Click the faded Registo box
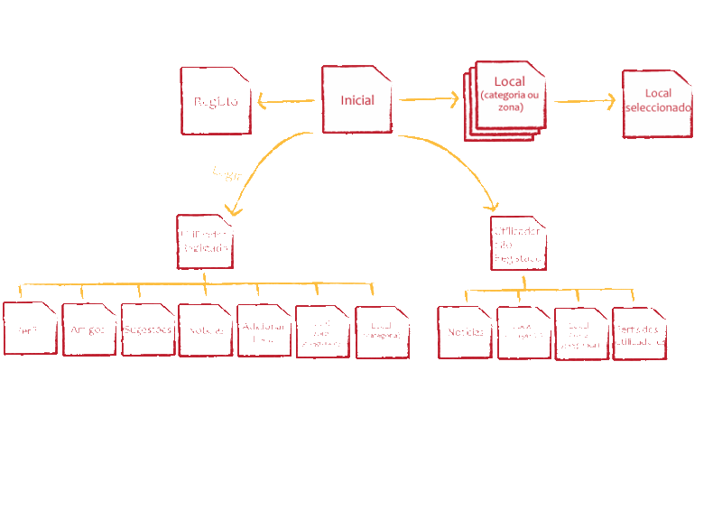pos(216,101)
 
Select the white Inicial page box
pos(357,100)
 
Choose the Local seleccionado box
pos(657,104)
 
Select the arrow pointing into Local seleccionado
pos(587,101)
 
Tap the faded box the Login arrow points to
pos(205,241)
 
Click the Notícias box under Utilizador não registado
pos(464,332)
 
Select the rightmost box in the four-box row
pos(639,333)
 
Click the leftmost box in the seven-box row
pos(30,329)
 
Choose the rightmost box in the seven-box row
pos(382,332)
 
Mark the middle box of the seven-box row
pos(205,329)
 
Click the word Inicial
pos(357,100)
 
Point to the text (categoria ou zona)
pos(509,101)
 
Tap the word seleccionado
pos(658,107)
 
